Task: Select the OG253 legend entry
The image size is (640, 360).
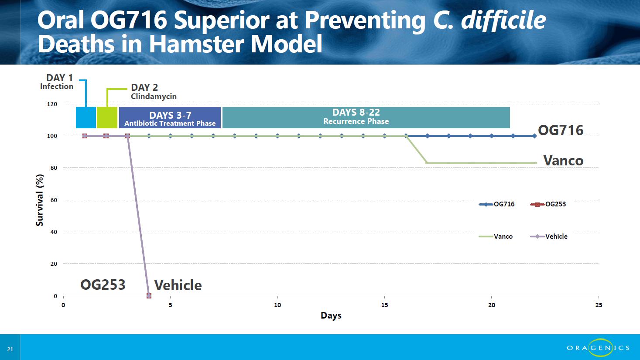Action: [548, 204]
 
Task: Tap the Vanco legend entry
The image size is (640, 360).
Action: [496, 236]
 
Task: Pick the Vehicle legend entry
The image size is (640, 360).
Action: [548, 236]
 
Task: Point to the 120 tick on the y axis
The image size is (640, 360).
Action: [52, 104]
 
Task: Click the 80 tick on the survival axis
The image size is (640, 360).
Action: [54, 168]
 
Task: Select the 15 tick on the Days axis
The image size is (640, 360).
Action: [385, 305]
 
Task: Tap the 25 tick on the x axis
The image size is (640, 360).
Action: [599, 305]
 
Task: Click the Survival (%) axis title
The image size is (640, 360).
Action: [40, 200]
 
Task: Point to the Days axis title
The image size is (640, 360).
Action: [331, 315]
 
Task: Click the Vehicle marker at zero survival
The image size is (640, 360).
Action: [149, 296]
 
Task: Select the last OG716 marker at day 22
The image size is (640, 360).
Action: [534, 136]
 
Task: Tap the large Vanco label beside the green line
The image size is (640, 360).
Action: [563, 160]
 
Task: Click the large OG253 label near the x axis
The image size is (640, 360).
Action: [103, 285]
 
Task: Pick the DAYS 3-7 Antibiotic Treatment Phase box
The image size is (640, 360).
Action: [170, 118]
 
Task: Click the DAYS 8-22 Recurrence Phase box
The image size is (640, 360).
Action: [366, 118]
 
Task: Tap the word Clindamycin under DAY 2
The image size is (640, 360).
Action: [154, 96]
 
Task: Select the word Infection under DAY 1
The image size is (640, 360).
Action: [57, 86]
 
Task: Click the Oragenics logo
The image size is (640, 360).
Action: [598, 348]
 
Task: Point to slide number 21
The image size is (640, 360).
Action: [10, 349]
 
